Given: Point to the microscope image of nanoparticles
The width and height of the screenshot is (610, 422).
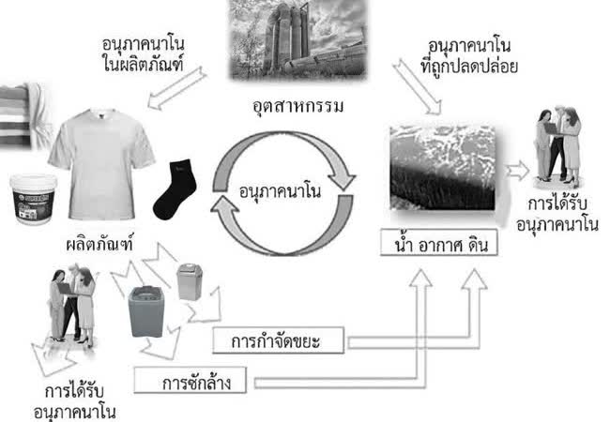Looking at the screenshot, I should [440, 170].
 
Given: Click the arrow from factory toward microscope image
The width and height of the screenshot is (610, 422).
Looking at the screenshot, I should [419, 88].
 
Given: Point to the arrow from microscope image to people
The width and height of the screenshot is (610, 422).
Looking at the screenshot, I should [517, 170].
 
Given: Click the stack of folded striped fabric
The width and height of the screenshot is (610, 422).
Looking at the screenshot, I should [19, 117].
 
